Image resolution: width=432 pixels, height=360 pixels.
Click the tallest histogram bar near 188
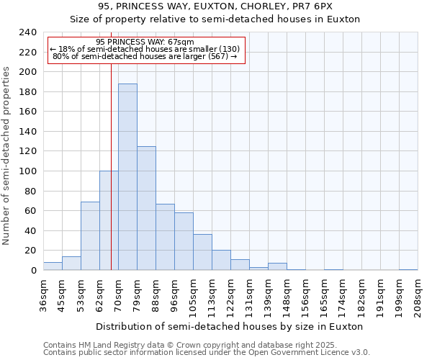click(x=127, y=177)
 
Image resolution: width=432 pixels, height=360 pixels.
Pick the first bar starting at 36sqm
click(x=53, y=266)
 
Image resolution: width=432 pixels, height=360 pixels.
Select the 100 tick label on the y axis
click(x=27, y=171)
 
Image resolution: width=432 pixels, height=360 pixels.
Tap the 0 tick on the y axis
click(x=33, y=271)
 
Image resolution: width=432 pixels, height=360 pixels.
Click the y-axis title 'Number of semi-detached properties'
click(x=7, y=156)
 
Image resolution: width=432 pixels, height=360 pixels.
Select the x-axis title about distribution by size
click(x=229, y=326)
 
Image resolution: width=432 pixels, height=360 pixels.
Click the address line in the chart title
click(x=215, y=6)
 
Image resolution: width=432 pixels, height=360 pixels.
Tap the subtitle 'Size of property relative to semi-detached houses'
click(x=215, y=19)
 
